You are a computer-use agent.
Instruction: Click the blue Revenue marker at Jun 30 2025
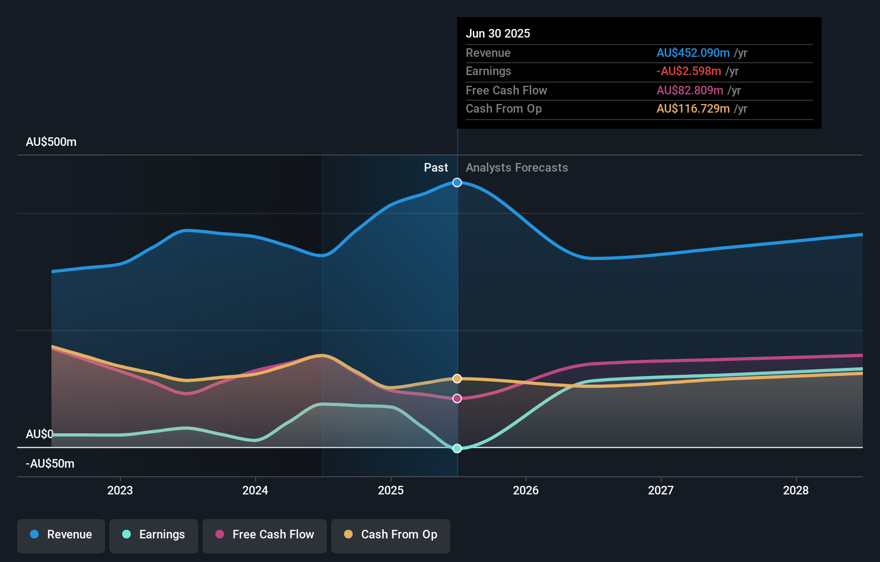pyautogui.click(x=457, y=182)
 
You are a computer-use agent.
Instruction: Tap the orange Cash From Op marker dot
pyautogui.click(x=457, y=379)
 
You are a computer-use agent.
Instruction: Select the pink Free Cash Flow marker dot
pyautogui.click(x=457, y=398)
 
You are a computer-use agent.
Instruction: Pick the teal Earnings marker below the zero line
pyautogui.click(x=457, y=448)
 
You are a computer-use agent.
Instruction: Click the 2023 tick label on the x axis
pyautogui.click(x=120, y=490)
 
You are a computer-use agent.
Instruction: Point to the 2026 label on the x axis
pyautogui.click(x=525, y=490)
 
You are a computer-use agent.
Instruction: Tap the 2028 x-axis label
pyautogui.click(x=795, y=490)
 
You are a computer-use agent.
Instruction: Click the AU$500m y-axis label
pyautogui.click(x=51, y=142)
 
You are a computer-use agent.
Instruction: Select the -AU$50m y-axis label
pyautogui.click(x=50, y=464)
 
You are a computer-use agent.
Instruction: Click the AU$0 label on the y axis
pyautogui.click(x=39, y=434)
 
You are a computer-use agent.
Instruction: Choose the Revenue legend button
pyautogui.click(x=61, y=535)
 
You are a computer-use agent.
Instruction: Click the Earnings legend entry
pyautogui.click(x=154, y=535)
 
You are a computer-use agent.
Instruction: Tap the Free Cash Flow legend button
pyautogui.click(x=265, y=535)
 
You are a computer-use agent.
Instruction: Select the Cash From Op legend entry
pyautogui.click(x=391, y=535)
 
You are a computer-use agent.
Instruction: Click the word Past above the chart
pyautogui.click(x=436, y=168)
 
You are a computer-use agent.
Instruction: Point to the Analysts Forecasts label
pyautogui.click(x=517, y=168)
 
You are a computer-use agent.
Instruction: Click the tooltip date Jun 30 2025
pyautogui.click(x=497, y=33)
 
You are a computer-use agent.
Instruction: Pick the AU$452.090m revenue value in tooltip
pyautogui.click(x=692, y=53)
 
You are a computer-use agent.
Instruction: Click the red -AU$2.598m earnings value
pyautogui.click(x=688, y=71)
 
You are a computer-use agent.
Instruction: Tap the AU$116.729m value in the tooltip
pyautogui.click(x=692, y=109)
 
